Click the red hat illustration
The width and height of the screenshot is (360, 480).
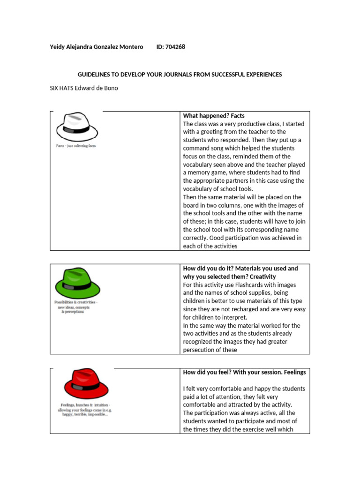tap(86, 384)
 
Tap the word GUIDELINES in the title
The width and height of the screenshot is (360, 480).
tap(94, 75)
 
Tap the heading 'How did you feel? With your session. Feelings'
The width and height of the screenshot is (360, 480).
tap(244, 372)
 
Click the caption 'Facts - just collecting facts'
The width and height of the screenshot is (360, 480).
tap(76, 146)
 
